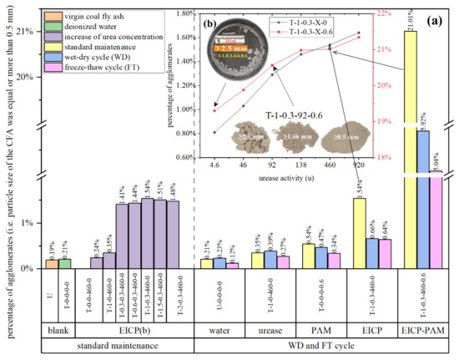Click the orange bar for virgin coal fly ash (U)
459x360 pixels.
(52, 264)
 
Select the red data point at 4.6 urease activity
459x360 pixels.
(214, 110)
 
